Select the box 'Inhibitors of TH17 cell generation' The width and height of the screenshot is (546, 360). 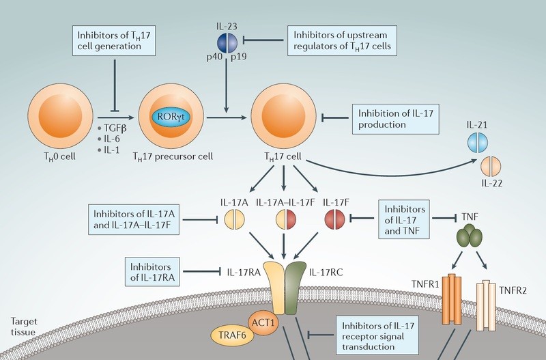click(113, 40)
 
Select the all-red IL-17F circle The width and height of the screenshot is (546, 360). click(334, 220)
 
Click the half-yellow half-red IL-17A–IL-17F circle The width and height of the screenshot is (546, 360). click(286, 220)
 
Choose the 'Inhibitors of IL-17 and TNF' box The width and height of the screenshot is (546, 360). click(405, 219)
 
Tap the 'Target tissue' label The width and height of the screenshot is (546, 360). click(24, 326)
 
